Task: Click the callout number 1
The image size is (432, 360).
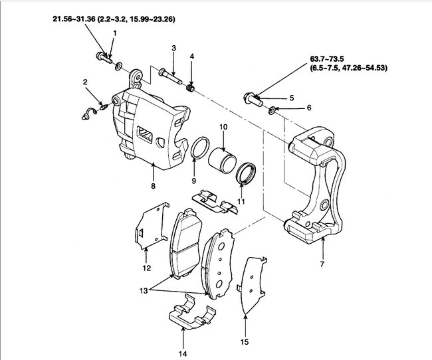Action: tap(114, 33)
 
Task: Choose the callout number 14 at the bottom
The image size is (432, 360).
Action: tap(183, 353)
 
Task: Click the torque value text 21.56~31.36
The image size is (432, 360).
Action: tap(73, 20)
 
